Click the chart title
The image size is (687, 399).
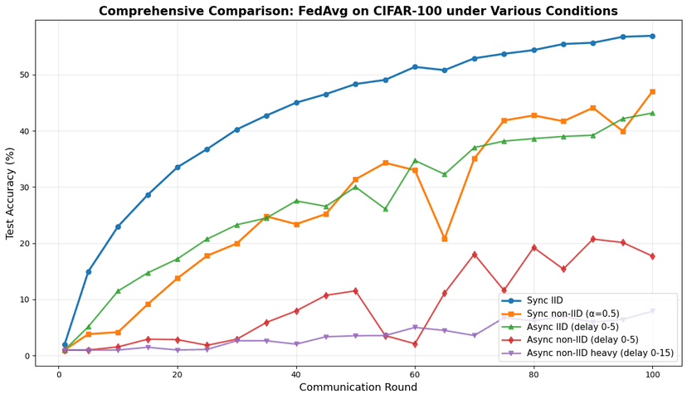[358, 11]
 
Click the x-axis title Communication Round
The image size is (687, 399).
[358, 387]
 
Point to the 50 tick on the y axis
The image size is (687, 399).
[23, 75]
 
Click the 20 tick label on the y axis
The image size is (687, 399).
[23, 243]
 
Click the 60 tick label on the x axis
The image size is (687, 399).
[415, 374]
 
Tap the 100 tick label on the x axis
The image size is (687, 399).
[652, 374]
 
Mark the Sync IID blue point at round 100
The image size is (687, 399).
[652, 36]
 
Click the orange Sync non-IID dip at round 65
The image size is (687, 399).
[445, 239]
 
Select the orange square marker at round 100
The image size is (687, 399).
[652, 91]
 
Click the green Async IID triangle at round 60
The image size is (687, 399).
[415, 160]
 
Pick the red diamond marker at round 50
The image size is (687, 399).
[355, 291]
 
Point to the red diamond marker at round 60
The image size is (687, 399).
[415, 344]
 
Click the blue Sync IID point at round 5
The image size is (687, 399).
[89, 271]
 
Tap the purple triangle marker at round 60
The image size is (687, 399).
[415, 328]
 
